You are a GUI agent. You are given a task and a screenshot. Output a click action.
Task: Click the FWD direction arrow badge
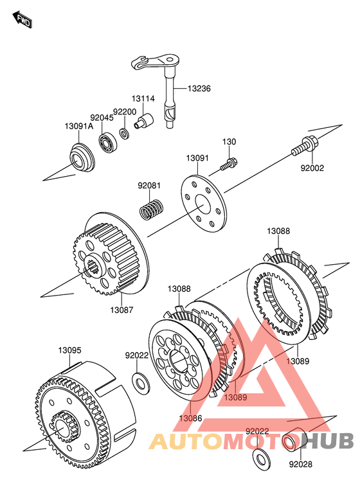(22, 20)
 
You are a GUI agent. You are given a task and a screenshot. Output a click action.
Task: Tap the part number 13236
(199, 89)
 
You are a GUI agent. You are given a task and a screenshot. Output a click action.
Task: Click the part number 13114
(143, 99)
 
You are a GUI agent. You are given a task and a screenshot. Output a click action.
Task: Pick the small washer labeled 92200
(125, 134)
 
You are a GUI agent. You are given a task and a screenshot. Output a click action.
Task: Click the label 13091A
(79, 126)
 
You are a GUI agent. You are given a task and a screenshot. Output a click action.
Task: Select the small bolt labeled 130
(228, 163)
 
